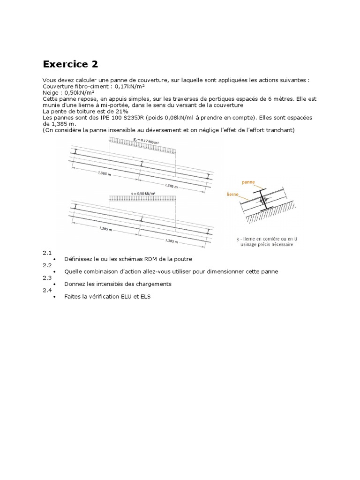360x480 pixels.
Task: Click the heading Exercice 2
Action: point(70,64)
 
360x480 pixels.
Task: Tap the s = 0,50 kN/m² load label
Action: point(143,193)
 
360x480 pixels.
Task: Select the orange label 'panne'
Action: point(248,180)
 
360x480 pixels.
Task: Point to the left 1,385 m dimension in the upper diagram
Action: point(105,173)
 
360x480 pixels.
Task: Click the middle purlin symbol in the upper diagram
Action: point(142,164)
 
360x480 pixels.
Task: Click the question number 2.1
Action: point(47,253)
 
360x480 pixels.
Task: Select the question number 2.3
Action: point(47,277)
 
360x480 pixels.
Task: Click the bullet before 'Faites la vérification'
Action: point(55,297)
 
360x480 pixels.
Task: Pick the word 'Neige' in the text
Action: point(51,93)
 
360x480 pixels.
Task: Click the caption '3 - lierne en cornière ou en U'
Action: point(267,239)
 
